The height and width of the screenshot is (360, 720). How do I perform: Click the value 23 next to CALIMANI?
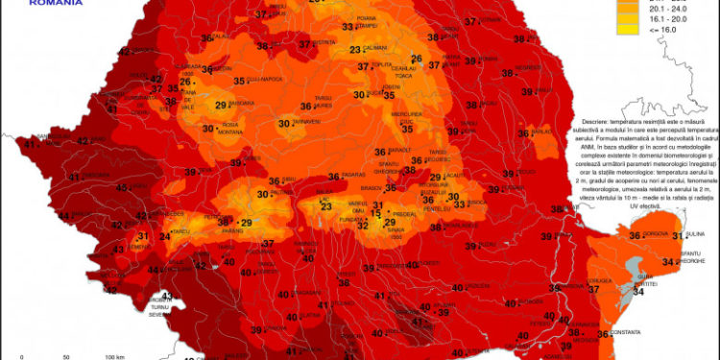coord(355,50)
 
